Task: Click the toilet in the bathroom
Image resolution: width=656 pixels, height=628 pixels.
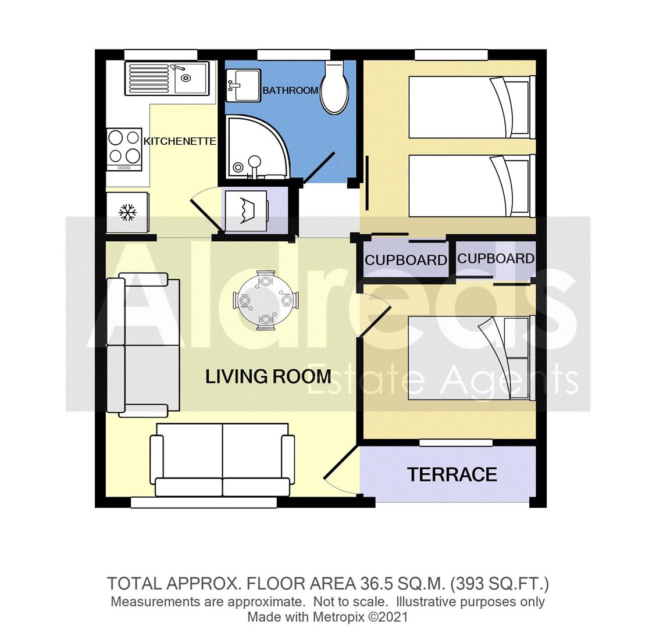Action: point(334,90)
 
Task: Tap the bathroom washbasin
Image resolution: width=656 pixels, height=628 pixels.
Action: point(243,85)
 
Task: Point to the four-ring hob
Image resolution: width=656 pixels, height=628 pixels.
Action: point(124,148)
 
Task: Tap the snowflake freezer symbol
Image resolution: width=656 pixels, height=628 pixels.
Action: point(127,213)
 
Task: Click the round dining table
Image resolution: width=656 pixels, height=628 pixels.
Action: point(266,301)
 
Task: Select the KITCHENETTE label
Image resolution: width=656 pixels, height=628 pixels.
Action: point(180,141)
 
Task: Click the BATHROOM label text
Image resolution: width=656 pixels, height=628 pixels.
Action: point(290,90)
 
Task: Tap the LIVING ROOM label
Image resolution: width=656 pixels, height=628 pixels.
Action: point(268,376)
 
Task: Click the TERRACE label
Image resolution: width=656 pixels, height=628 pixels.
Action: point(452,474)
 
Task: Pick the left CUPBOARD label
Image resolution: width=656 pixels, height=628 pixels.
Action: point(405,260)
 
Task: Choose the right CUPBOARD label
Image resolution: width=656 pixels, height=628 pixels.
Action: point(495,259)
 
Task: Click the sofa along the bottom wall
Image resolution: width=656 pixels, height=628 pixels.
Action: point(222,459)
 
